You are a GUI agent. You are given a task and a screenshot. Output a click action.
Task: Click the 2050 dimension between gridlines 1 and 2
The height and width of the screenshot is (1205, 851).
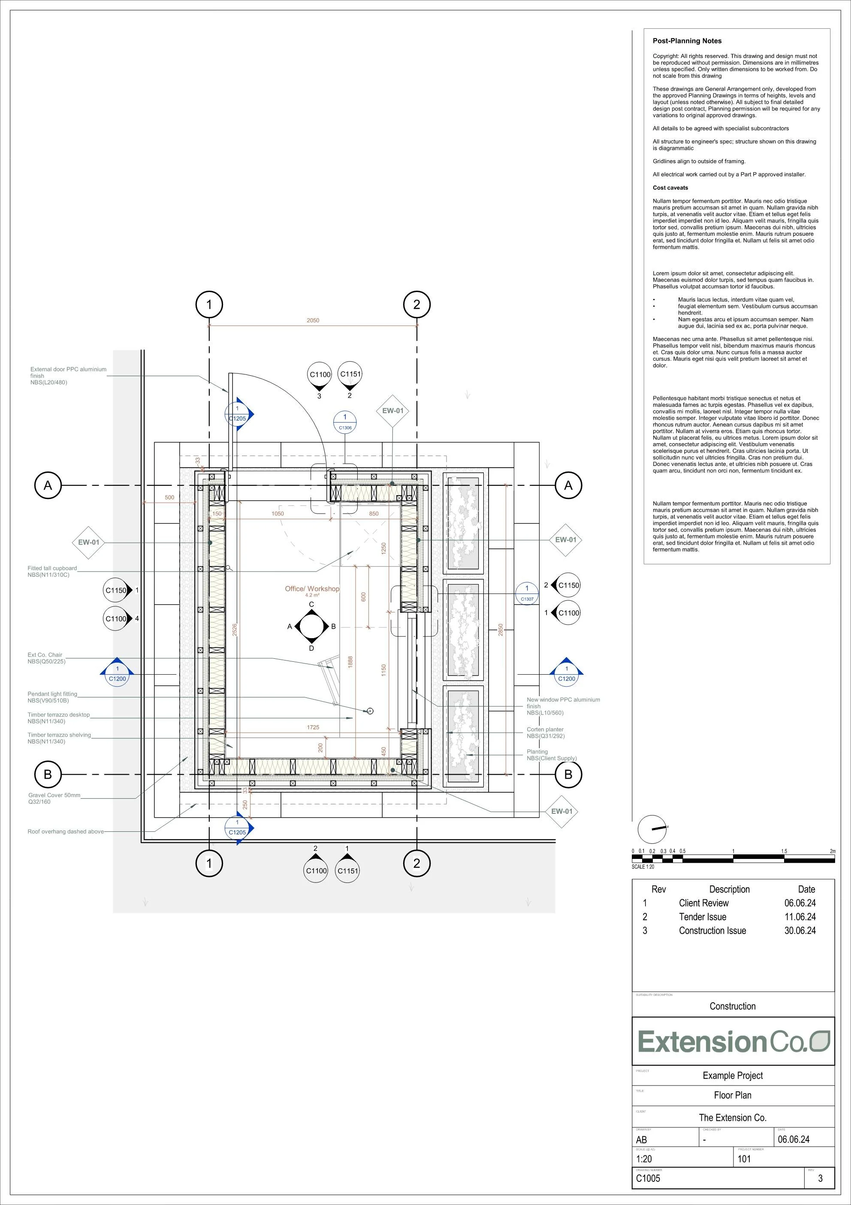point(313,320)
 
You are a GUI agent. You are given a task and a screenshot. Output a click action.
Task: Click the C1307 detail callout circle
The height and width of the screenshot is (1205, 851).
point(527,593)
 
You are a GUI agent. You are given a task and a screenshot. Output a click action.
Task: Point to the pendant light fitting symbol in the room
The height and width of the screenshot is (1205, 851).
point(370,711)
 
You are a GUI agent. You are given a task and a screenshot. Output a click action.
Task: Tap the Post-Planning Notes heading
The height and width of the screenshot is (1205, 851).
point(687,41)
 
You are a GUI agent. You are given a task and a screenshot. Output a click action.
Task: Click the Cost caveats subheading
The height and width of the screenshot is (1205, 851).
point(670,188)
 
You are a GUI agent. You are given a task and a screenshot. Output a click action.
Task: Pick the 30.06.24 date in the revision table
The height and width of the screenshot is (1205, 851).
point(800,931)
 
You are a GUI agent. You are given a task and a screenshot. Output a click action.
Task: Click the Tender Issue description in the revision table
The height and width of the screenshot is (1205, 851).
point(702,917)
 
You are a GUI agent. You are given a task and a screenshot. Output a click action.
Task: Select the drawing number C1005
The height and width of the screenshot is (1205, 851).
point(648,1178)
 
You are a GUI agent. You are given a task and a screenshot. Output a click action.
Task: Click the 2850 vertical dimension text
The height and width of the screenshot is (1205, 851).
point(501,630)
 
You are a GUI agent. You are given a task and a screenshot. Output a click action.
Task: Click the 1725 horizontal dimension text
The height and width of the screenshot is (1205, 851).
point(313,727)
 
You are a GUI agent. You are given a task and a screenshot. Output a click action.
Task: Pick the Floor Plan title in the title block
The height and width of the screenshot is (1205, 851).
point(733,1095)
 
